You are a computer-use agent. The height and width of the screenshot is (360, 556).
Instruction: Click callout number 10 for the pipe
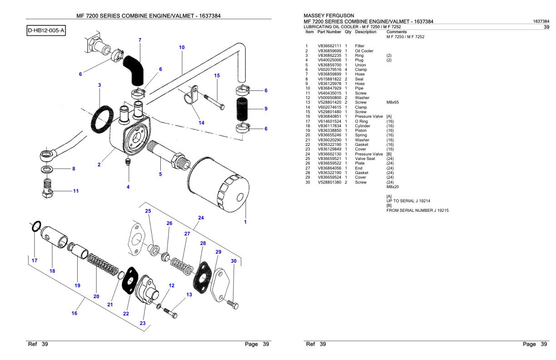[x=182, y=47]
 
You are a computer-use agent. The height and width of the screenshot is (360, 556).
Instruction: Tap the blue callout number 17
[x=35, y=261]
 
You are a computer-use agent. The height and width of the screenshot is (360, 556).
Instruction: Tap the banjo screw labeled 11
[x=45, y=190]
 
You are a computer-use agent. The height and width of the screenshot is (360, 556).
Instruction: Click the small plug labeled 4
[x=129, y=162]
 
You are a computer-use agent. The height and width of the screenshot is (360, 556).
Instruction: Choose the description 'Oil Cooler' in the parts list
[x=364, y=51]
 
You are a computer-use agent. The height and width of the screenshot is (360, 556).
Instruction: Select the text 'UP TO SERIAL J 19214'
[x=408, y=200]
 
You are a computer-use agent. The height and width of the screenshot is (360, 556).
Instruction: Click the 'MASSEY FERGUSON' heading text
[x=329, y=15]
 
